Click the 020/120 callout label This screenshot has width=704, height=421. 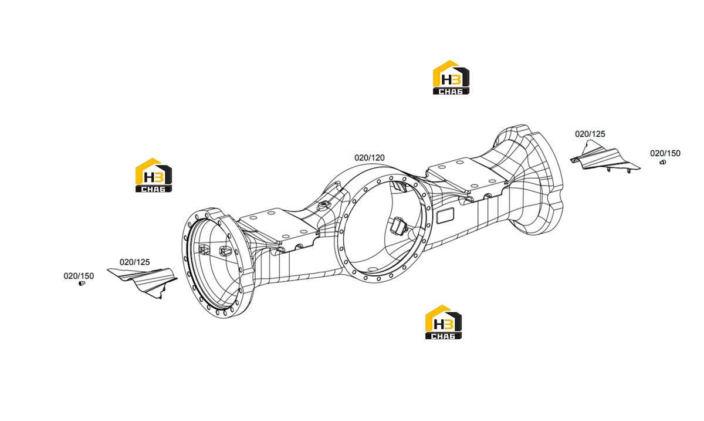369,157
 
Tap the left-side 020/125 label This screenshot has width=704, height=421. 134,262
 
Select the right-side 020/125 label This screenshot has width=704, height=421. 590,134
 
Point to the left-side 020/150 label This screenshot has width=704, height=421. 79,276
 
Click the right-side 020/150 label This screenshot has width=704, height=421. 665,153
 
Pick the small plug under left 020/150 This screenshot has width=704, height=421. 82,284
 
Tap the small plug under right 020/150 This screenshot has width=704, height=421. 662,163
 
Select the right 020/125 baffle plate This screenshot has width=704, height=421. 605,160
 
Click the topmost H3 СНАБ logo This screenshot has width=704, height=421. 451,78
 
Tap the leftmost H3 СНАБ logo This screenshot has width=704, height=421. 154,175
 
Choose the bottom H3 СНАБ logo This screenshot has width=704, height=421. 444,322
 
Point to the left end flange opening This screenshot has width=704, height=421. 214,263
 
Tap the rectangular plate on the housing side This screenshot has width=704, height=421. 445,216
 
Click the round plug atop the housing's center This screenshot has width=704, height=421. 323,206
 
